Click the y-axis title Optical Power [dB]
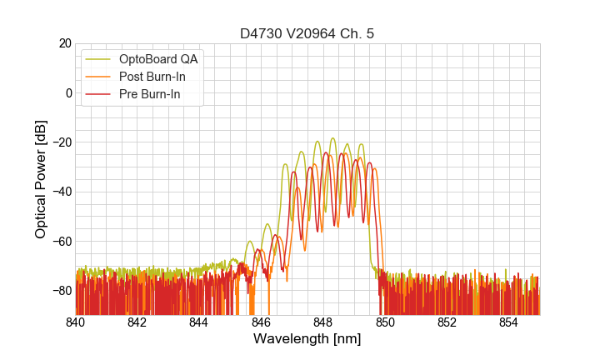(x=41, y=179)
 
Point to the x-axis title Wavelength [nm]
(x=307, y=339)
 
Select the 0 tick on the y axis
(x=68, y=92)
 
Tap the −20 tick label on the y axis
(x=61, y=142)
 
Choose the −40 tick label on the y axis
(x=61, y=192)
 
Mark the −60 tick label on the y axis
(x=61, y=241)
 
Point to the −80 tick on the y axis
(x=61, y=290)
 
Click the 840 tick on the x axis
(x=76, y=322)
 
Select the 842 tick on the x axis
(x=137, y=322)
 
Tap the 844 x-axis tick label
(x=199, y=322)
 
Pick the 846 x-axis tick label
(x=262, y=322)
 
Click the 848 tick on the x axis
(x=323, y=322)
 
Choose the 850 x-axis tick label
(x=385, y=322)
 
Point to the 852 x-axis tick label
(x=447, y=322)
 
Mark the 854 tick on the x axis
(x=509, y=322)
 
